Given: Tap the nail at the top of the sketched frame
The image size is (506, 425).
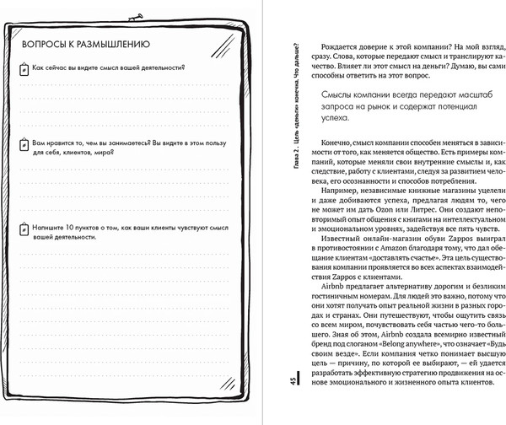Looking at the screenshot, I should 131,18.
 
